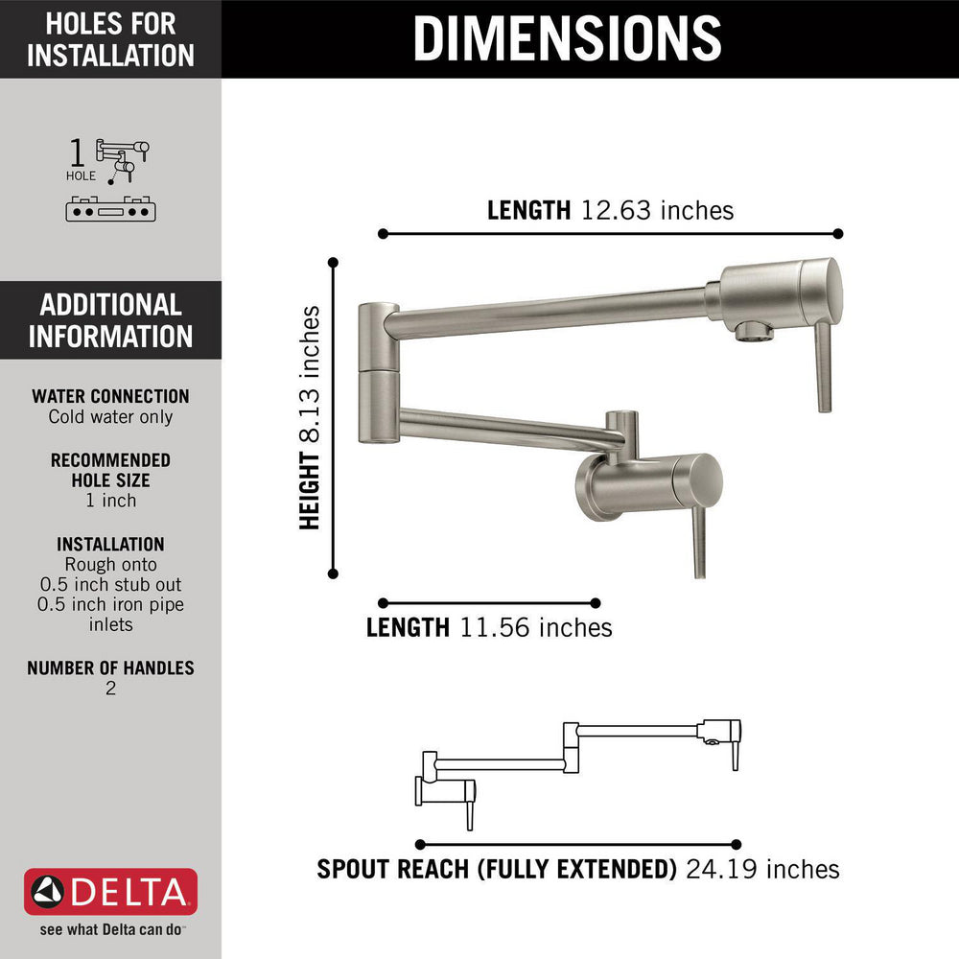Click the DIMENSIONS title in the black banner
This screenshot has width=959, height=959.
click(x=567, y=38)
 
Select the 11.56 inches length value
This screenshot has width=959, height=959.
click(x=536, y=627)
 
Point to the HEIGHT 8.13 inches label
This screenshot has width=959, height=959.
click(x=310, y=417)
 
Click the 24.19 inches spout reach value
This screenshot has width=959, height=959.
click(x=762, y=869)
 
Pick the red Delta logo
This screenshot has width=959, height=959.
click(x=110, y=892)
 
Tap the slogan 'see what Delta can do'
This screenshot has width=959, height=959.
click(x=110, y=929)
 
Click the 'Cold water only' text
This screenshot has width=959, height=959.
click(x=110, y=417)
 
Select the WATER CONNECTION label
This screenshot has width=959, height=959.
click(x=110, y=396)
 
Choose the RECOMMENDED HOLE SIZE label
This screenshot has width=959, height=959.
click(x=110, y=470)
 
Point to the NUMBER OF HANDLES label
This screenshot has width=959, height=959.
click(x=110, y=667)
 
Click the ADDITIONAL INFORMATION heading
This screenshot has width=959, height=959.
click(x=110, y=320)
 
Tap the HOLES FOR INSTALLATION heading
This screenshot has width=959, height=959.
click(x=110, y=39)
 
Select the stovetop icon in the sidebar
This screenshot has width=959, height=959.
click(x=110, y=209)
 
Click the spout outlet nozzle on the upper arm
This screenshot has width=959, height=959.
click(x=754, y=331)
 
